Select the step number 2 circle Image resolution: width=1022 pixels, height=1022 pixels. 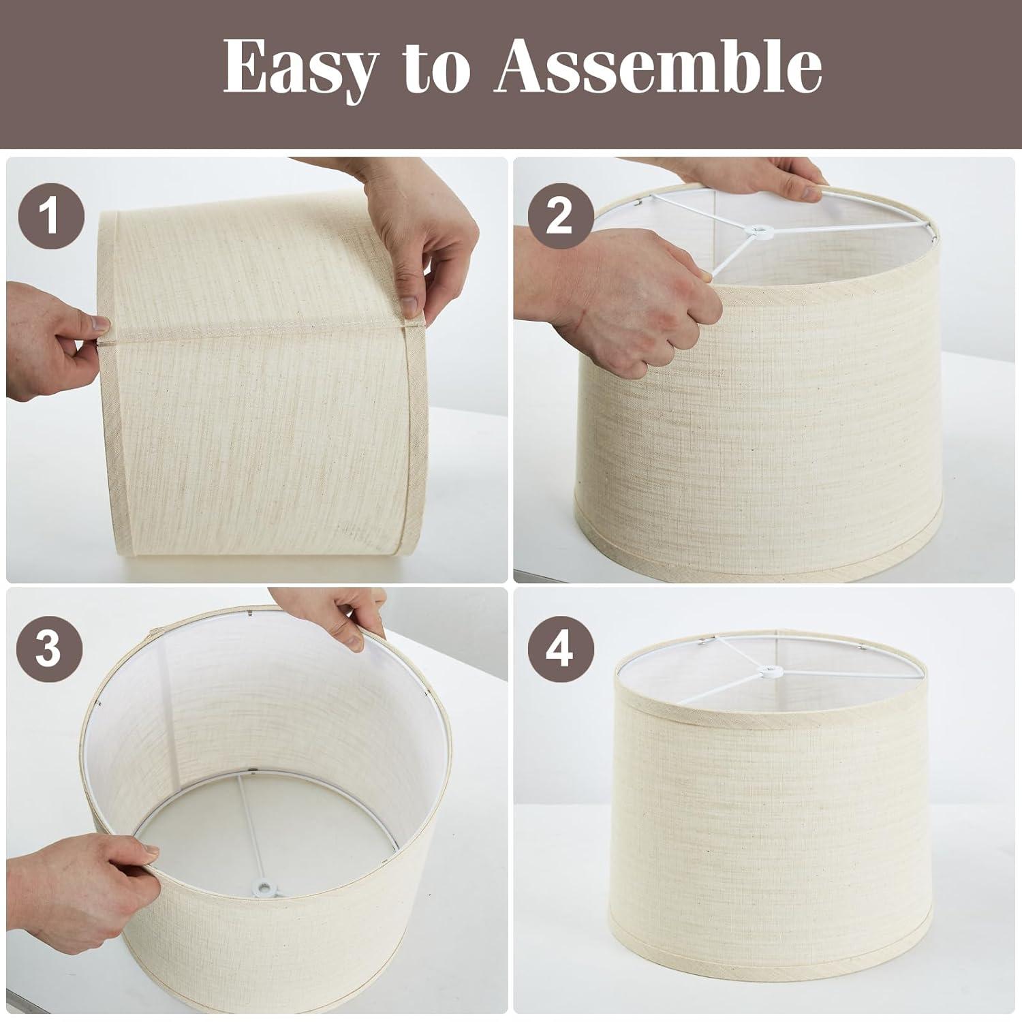coord(559,217)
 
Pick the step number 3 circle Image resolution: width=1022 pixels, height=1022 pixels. coord(48,649)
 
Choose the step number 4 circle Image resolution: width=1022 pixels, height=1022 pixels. coord(559,649)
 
